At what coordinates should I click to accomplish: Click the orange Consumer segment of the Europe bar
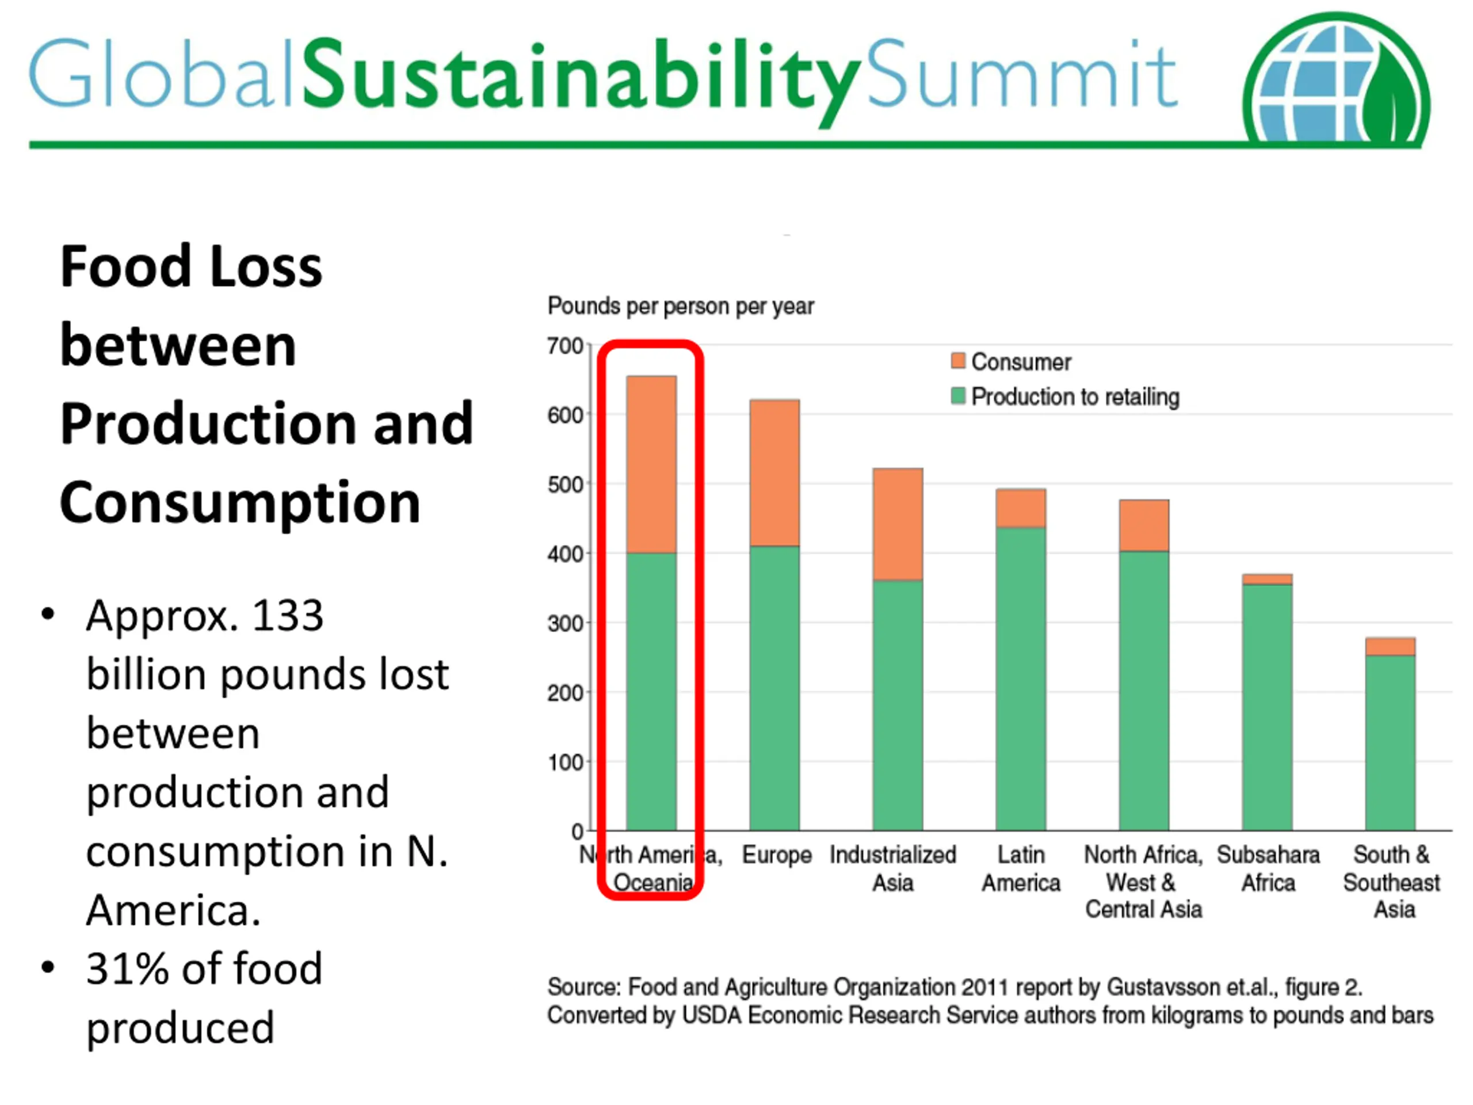[774, 473]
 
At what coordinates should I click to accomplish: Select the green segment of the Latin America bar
[1021, 678]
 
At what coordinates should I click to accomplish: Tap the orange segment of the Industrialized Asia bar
[898, 524]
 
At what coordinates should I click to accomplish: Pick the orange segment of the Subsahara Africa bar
[1267, 580]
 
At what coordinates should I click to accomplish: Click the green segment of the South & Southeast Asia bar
[1390, 742]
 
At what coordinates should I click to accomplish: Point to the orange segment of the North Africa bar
[1144, 525]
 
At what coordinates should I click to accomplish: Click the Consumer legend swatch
[958, 361]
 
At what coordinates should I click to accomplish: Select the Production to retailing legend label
[1075, 397]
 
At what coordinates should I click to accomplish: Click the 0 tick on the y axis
[577, 832]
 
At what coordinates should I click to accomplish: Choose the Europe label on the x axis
[776, 855]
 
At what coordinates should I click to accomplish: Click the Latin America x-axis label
[1021, 869]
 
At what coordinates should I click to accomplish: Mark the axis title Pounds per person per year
[681, 306]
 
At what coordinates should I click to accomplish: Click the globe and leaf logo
[1335, 80]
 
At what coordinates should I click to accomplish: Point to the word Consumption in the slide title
[240, 503]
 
